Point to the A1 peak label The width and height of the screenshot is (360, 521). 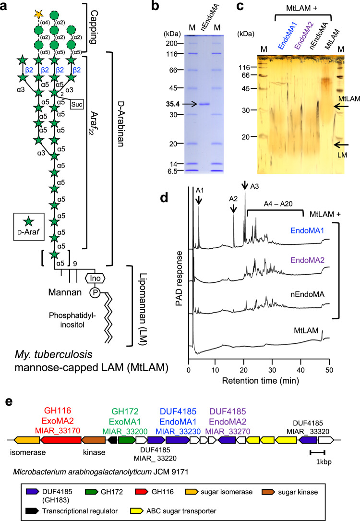[198, 191]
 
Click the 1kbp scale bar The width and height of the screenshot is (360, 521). [318, 451]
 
